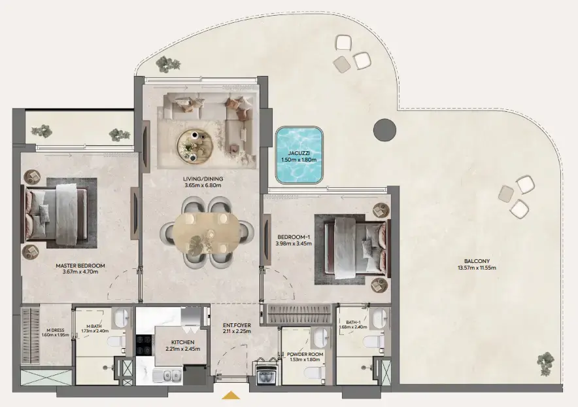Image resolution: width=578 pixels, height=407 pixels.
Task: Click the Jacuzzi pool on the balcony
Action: [x=299, y=156]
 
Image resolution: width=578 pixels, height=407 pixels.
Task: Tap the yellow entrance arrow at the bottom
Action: [x=231, y=395]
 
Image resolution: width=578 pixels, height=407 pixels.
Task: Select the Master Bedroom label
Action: [x=80, y=266]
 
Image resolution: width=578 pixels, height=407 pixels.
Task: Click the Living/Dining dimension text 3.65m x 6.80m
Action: [x=203, y=185]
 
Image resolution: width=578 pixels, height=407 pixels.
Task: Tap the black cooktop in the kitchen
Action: [x=144, y=344]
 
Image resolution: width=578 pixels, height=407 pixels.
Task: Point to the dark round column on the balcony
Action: [x=384, y=129]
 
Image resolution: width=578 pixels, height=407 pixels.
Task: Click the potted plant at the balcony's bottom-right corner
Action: [x=546, y=361]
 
